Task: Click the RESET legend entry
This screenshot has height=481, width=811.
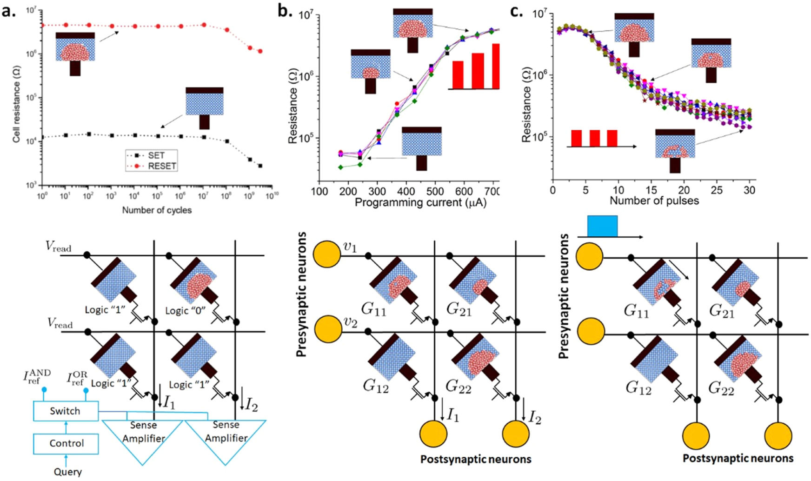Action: [161, 166]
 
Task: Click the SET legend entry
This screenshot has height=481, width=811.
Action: [156, 155]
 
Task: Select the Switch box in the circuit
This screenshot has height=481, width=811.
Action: [66, 411]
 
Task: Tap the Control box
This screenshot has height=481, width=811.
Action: [66, 443]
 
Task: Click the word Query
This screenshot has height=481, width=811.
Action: [68, 472]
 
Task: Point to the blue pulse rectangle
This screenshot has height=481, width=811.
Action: [602, 226]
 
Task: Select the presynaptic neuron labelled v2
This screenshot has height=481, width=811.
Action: [327, 329]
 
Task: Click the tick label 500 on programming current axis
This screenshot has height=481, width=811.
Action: [435, 191]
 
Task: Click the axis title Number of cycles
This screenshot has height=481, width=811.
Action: [157, 210]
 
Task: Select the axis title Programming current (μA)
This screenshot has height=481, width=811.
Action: [420, 202]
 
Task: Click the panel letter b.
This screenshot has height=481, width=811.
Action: [283, 11]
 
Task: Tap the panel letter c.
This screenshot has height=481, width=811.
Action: [516, 11]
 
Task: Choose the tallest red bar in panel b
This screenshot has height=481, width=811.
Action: [496, 66]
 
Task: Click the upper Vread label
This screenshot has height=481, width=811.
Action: [59, 247]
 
